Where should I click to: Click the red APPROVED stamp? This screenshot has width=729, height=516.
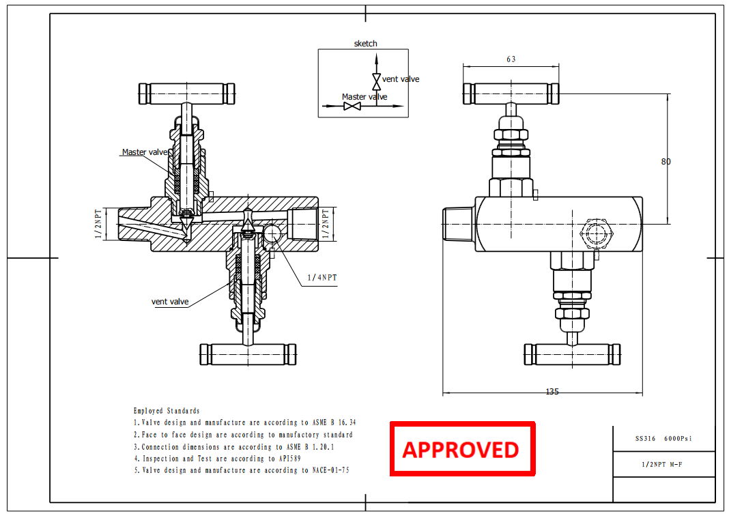point(461,449)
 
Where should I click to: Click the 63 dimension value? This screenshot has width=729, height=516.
point(511,59)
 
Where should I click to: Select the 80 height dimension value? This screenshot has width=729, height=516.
point(666,162)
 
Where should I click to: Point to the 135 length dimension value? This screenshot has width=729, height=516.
point(552,392)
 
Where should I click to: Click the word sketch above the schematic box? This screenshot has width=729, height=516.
point(365,44)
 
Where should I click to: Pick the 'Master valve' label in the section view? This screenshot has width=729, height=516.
point(144,152)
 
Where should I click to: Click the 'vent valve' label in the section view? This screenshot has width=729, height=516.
point(170,302)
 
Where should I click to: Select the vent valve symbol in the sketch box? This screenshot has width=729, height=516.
point(376,81)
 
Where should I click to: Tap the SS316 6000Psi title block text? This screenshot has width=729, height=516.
point(663,438)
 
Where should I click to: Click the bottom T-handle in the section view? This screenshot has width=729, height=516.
point(248,354)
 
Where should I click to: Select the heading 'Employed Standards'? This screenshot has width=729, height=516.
point(167,411)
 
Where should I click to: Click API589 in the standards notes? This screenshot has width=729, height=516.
point(289,459)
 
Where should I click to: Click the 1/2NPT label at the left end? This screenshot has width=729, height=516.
point(98,224)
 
